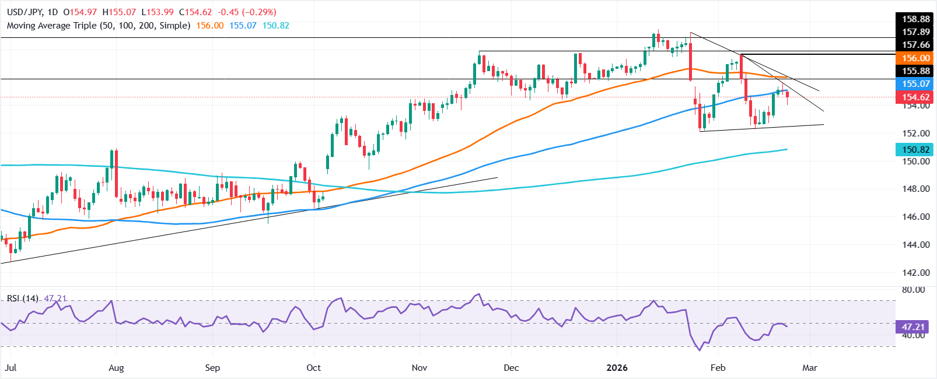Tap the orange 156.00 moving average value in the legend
pyautogui.click(x=209, y=26)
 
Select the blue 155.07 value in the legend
pyautogui.click(x=243, y=26)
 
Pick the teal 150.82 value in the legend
pyautogui.click(x=275, y=26)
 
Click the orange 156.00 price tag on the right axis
pyautogui.click(x=915, y=58)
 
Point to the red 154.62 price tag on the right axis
pyautogui.click(x=915, y=97)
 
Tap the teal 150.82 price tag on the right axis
pyautogui.click(x=915, y=150)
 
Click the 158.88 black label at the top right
pyautogui.click(x=915, y=19)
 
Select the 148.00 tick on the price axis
pyautogui.click(x=915, y=189)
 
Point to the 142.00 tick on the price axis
pyautogui.click(x=915, y=272)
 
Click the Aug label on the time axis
pyautogui.click(x=116, y=368)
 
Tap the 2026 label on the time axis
pyautogui.click(x=617, y=368)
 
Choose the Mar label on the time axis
pyautogui.click(x=809, y=368)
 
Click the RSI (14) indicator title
pyautogui.click(x=23, y=299)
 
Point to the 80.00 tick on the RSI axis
pyautogui.click(x=912, y=290)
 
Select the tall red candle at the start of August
pyautogui.click(x=116, y=174)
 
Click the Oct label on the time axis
pyautogui.click(x=313, y=368)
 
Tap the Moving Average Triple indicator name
pyautogui.click(x=99, y=26)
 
